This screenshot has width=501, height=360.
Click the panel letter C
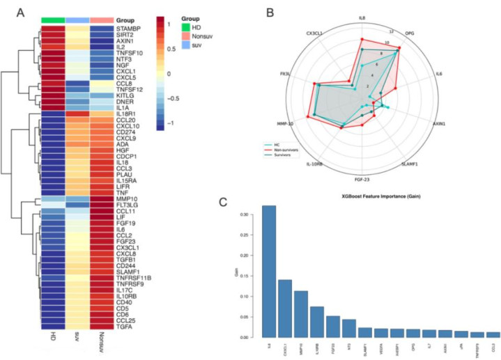[222, 202]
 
